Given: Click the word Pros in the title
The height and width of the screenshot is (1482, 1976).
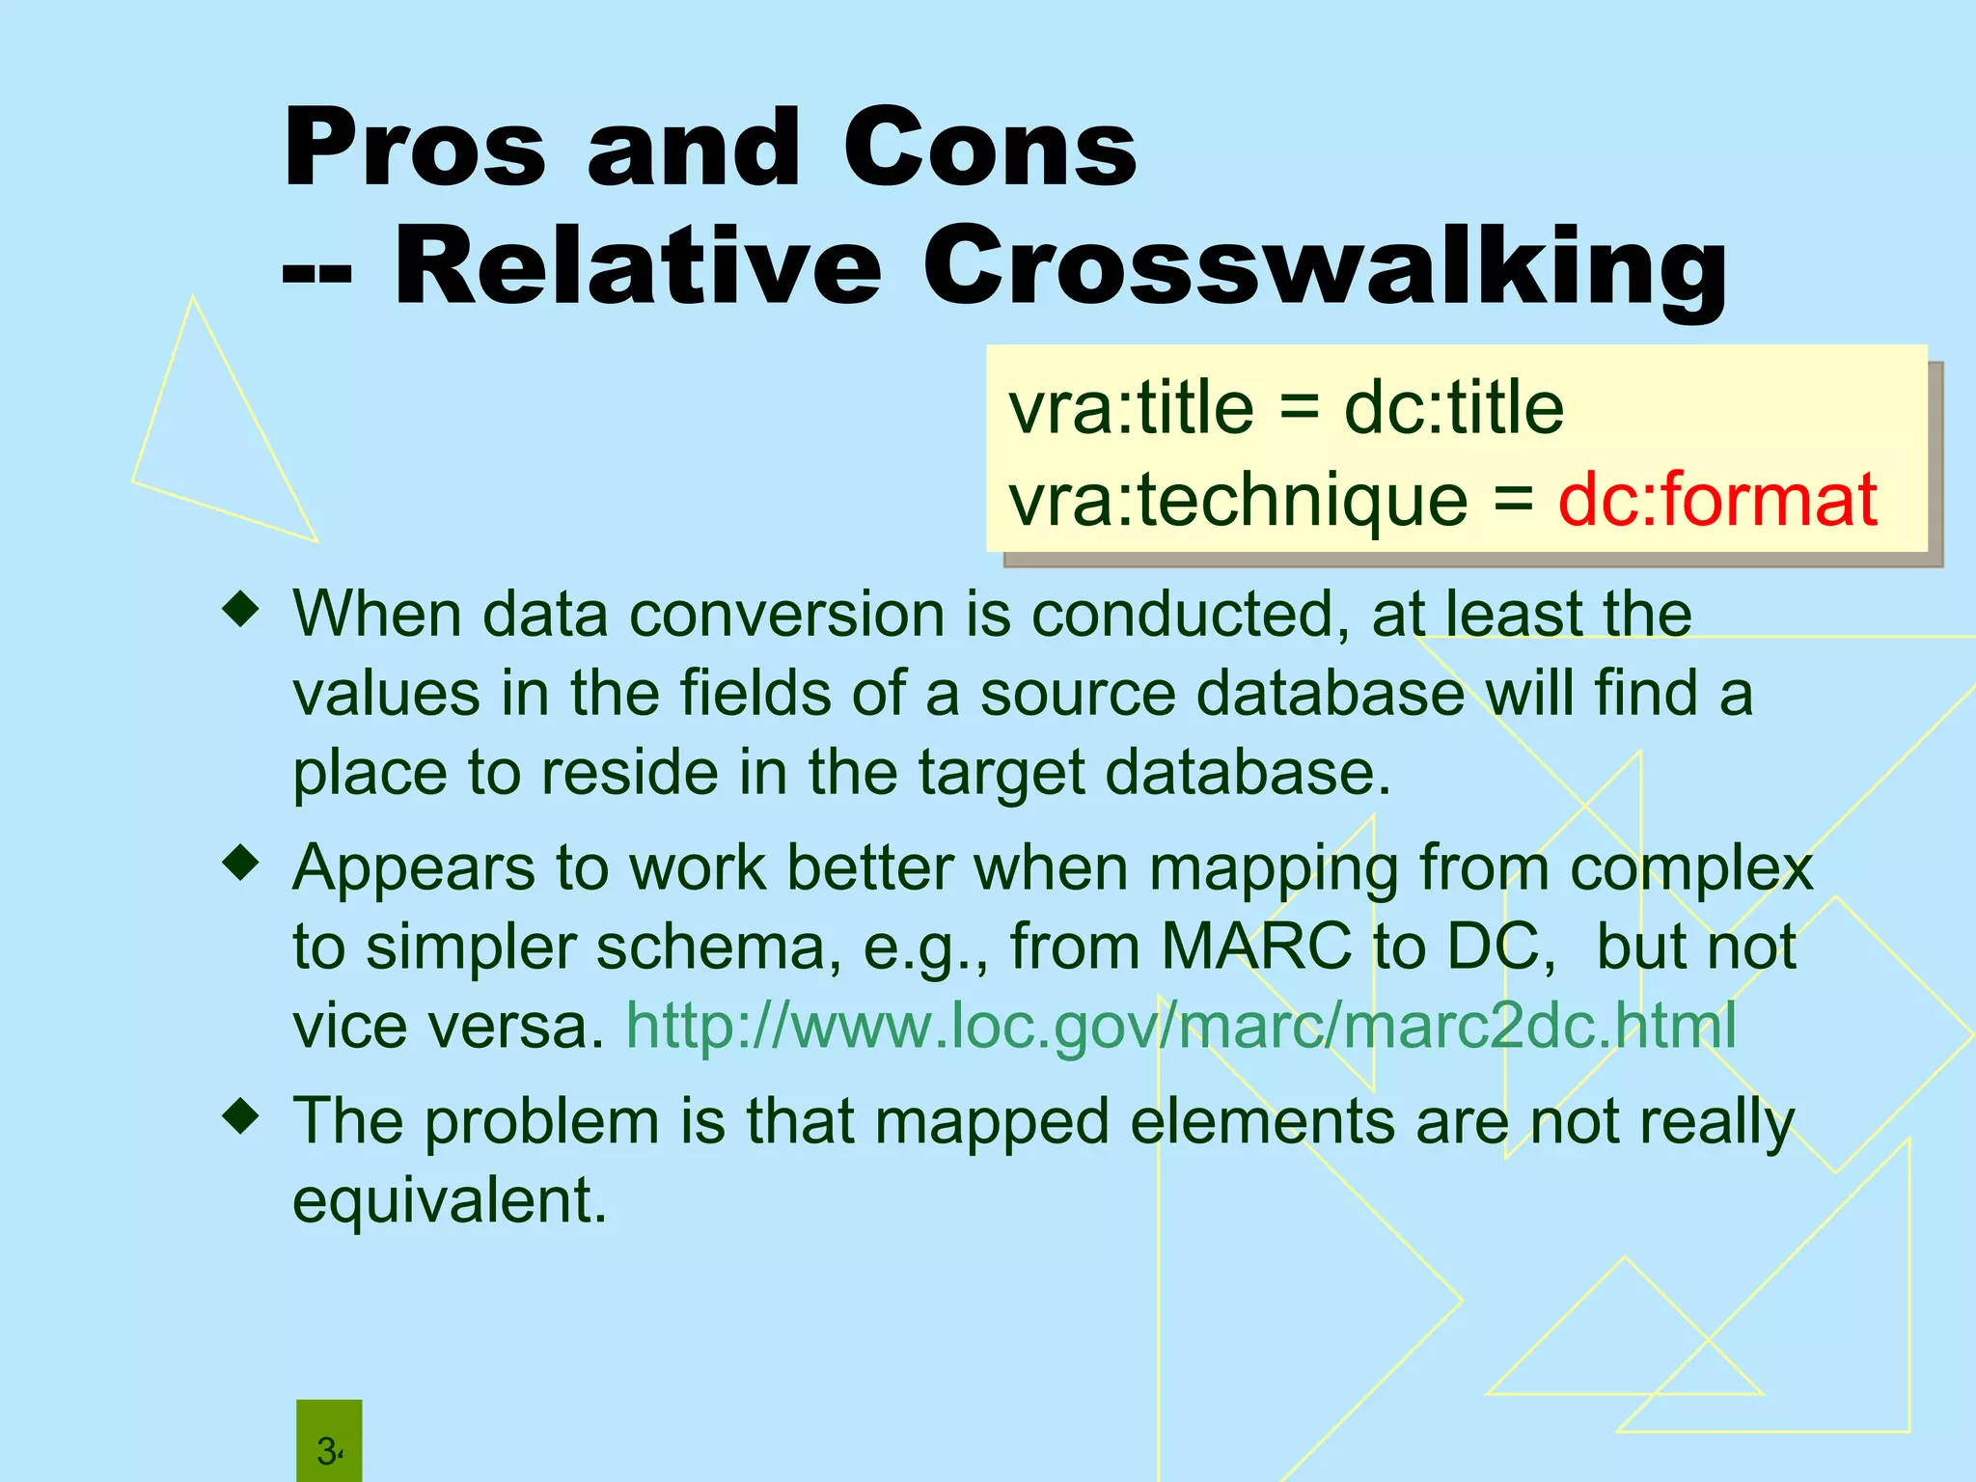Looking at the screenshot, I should point(415,150).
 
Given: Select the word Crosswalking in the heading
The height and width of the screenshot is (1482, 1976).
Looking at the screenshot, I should point(1324,267).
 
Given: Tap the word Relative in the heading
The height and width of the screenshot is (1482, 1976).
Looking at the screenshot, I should point(638,267).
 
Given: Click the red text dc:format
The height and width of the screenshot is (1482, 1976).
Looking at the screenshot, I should point(1717,500).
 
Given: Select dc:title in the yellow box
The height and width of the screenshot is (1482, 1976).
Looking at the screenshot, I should point(1453,408).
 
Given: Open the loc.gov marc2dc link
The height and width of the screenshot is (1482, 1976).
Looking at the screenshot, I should point(1181,1025).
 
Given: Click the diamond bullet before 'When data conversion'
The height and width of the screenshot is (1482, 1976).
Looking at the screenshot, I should point(240,610).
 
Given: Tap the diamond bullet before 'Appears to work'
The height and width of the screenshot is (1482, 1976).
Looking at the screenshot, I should point(240,864).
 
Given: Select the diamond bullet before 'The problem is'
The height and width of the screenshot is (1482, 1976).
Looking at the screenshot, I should point(240,1117).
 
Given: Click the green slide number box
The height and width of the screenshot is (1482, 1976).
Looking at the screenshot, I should point(329,1441).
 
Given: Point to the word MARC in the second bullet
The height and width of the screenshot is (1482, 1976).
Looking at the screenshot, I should point(1255,947).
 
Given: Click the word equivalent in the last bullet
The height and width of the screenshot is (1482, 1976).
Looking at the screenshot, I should point(450,1201).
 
